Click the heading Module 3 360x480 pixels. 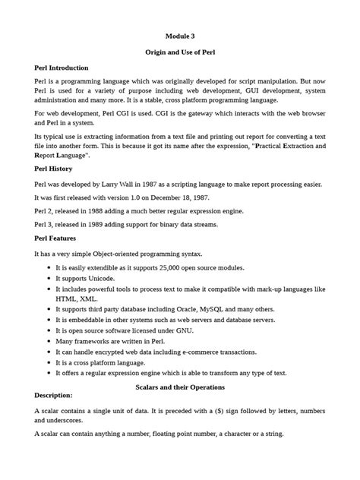(x=180, y=36)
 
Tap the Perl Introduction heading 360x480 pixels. (x=62, y=68)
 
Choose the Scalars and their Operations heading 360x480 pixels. (x=180, y=387)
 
